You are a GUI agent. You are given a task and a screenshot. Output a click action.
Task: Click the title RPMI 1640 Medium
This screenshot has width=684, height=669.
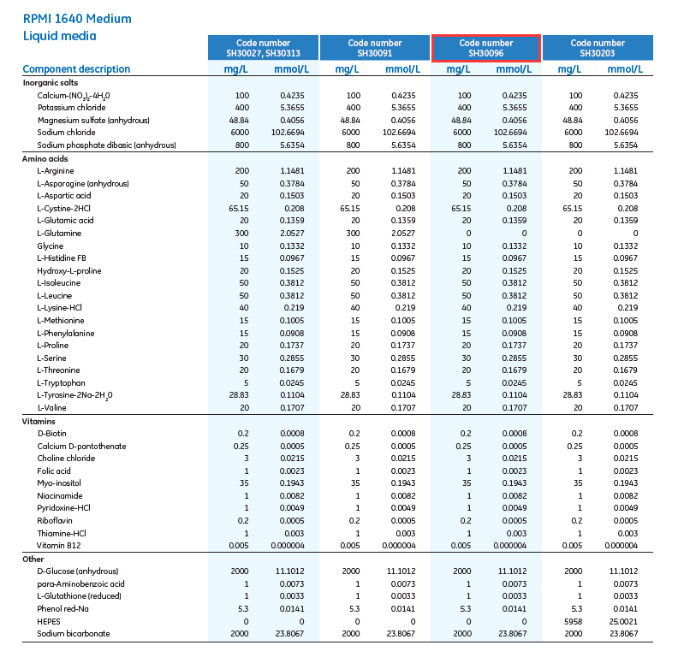pos(77,19)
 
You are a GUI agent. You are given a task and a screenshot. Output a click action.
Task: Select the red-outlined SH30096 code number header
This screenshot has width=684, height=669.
pos(485,48)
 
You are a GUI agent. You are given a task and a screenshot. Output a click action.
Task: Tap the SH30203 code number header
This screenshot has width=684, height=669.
pos(598,48)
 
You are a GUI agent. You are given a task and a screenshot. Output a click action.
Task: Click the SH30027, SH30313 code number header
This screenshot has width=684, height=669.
pos(263,48)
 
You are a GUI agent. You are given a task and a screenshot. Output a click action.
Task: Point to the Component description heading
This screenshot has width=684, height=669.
pos(76,69)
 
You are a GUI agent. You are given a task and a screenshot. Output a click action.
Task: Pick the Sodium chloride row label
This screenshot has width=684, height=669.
pos(66,133)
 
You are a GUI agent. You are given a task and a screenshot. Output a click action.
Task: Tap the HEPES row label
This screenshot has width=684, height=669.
pos(49,621)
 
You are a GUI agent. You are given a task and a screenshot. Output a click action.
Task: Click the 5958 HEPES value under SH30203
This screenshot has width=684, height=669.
pos(575,621)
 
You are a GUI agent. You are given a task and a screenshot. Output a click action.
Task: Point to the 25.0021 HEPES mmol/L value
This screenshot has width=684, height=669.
pos(622,621)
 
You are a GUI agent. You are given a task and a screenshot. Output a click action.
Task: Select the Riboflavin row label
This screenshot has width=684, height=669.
pos(54,520)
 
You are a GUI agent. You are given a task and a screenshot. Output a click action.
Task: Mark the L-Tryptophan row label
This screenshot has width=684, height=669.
pos(61,382)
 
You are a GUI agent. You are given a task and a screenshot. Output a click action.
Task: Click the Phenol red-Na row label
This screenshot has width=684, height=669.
pos(62,608)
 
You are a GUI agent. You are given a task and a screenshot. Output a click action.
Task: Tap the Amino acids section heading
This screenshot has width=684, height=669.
pos(48,159)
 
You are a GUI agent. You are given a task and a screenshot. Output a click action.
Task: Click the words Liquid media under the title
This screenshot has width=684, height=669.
pos(59,36)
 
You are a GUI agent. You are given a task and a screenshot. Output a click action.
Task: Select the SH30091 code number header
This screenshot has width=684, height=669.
pos(374,48)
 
